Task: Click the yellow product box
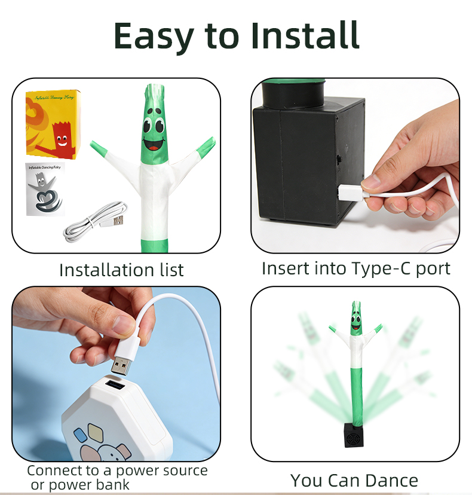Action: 53,124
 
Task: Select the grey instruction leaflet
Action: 45,189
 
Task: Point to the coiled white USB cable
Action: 95,222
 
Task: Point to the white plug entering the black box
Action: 351,192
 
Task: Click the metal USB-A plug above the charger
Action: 121,367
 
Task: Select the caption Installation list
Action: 121,270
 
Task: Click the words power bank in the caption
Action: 89,485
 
